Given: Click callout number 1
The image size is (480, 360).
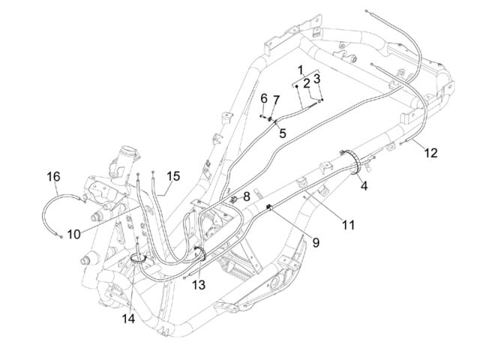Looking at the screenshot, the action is pos(301,70).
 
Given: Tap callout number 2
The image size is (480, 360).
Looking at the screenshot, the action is pos(307,84).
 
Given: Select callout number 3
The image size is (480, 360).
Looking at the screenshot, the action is pos(317,79).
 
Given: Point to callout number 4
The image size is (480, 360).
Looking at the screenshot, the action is pos(364,185).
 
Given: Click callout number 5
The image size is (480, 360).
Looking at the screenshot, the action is pos(282,133).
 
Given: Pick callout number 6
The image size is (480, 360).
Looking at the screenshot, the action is pos(264,98).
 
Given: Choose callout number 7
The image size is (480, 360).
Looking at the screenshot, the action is pos(276,100).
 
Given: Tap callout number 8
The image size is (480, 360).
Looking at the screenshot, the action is pos(247,196).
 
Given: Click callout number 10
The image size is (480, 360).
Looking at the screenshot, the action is pos(73,235).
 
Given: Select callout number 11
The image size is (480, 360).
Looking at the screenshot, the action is pos(348,225).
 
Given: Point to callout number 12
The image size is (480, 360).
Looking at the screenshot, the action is pos(430,153).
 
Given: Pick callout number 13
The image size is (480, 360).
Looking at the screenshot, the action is pos(199,285).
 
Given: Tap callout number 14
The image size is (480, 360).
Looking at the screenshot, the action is pos(128,319).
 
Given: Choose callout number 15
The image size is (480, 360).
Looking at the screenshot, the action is pos(173,176).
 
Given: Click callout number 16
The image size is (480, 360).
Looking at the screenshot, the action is pos(53,177).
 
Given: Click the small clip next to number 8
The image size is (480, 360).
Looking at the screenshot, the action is pos(234,200).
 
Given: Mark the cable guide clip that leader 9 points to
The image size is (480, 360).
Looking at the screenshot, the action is pos(269,208).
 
